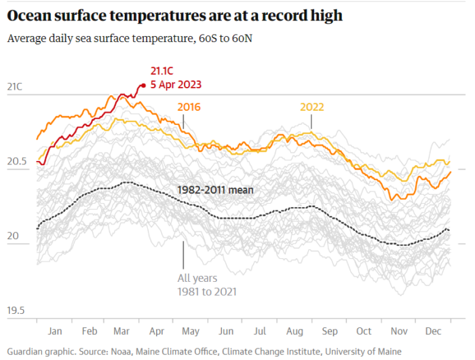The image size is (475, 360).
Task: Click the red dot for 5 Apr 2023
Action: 142,86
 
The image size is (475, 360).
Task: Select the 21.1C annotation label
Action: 163,71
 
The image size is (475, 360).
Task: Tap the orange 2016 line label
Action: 189,107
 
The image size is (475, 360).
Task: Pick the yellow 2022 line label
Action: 312,107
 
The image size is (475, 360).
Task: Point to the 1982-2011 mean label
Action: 215,190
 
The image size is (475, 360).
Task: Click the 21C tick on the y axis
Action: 14,87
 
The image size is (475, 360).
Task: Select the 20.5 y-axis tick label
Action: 16,162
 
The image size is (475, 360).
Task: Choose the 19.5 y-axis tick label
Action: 16,311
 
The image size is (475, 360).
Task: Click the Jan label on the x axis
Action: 55,331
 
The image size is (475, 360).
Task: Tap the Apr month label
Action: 157,331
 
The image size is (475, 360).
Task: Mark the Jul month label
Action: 260,331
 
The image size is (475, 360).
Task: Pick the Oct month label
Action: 364,331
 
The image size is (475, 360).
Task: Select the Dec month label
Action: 432,331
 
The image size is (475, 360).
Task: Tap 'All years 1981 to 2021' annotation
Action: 206,285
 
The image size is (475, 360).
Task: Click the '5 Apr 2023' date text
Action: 176,85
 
